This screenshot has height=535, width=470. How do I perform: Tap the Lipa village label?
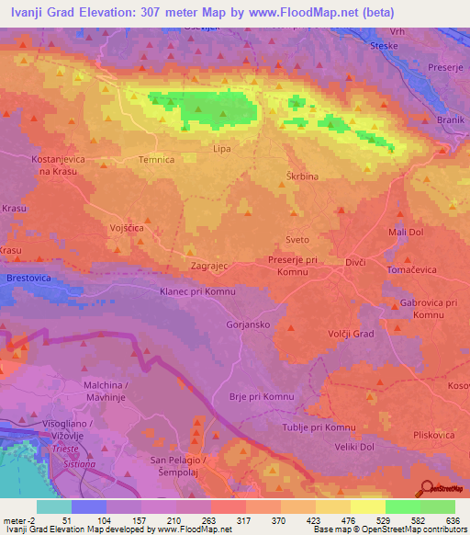point(220,148)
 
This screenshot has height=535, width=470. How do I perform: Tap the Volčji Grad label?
point(351,334)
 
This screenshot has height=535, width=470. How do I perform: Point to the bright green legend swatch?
point(402,507)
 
